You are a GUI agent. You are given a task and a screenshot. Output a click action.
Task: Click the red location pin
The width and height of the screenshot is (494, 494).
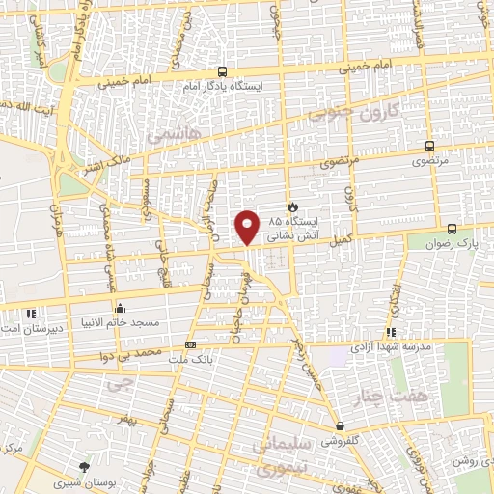(248, 225)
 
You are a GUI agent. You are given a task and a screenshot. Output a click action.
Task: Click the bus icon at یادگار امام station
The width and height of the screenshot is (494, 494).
(223, 70)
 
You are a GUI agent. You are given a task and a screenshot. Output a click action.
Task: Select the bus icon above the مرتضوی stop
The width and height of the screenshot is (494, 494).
(430, 147)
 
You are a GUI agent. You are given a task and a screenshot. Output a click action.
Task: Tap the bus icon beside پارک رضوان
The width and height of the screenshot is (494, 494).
(453, 229)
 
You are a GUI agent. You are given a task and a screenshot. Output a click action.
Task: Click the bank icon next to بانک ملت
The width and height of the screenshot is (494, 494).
(190, 343)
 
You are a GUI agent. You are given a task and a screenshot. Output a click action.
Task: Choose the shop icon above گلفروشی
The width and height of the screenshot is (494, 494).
(340, 425)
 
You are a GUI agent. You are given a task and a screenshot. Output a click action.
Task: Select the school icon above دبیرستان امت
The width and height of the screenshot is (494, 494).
(31, 313)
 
